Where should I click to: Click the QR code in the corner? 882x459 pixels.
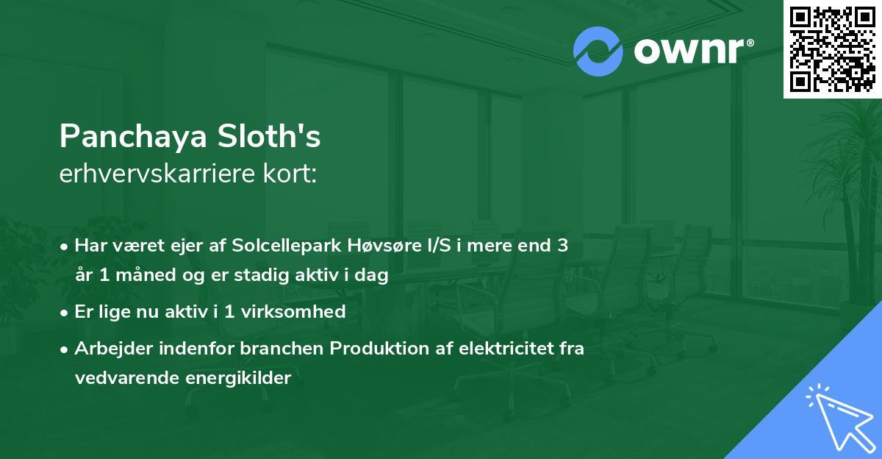point(832,49)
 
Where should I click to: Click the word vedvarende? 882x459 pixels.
point(121,378)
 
